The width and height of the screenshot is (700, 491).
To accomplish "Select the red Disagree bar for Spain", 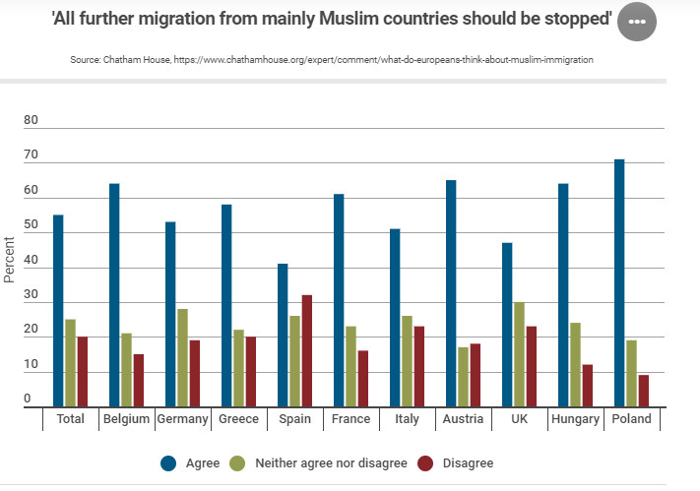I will click(307, 350).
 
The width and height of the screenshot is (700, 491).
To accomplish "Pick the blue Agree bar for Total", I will click(58, 310).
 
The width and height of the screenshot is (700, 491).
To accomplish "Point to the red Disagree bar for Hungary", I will click(588, 385).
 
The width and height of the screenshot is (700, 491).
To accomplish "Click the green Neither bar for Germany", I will click(183, 357).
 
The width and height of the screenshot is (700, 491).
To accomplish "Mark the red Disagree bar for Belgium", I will click(139, 380).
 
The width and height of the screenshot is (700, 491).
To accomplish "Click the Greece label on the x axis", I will click(239, 419).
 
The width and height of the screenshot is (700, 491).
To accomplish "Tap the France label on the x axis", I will click(351, 419).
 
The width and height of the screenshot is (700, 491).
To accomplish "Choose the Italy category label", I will click(407, 419).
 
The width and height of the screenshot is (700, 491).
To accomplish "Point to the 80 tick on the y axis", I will click(31, 121).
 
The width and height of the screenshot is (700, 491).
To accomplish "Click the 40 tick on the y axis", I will click(31, 261).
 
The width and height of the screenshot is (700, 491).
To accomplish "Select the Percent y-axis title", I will click(10, 260).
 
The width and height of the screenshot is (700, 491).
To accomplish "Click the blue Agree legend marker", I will click(168, 462).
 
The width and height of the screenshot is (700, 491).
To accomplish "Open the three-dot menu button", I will click(636, 22).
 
